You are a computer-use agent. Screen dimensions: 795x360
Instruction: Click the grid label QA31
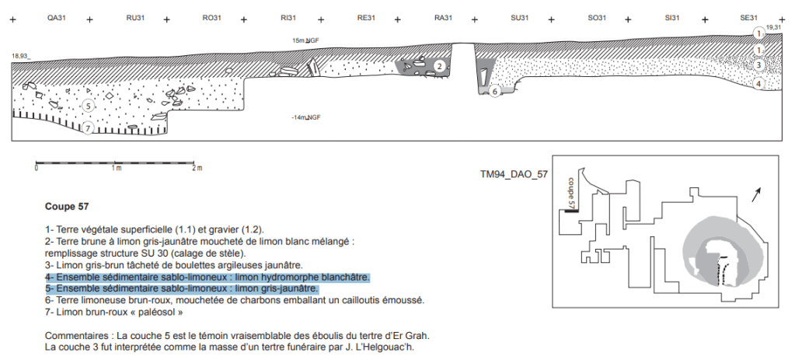point(57,18)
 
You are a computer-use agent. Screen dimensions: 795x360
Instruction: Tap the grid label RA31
point(443,18)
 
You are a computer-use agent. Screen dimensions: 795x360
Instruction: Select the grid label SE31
point(749,18)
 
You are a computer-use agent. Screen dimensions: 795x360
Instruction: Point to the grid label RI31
point(288,18)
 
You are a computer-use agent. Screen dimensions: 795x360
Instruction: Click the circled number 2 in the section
point(440,66)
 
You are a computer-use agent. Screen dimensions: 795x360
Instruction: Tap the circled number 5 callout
point(89,106)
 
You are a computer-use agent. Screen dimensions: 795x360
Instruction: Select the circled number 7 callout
point(88,128)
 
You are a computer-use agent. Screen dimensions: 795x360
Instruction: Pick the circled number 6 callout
point(495,91)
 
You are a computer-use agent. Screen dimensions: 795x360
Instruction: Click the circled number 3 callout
point(758,65)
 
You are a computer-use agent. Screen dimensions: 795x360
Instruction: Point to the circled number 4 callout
point(758,84)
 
